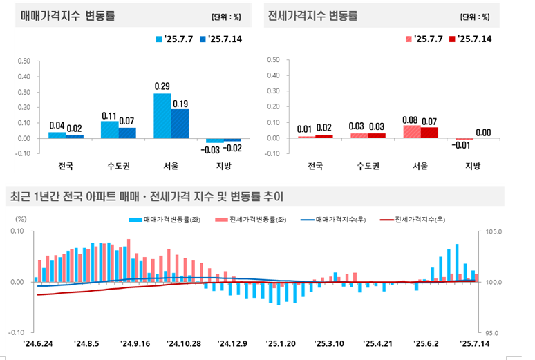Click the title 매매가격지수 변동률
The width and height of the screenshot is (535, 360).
click(x=62, y=15)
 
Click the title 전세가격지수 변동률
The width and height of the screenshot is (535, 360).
click(x=312, y=15)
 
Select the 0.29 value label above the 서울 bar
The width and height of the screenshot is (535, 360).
click(x=162, y=86)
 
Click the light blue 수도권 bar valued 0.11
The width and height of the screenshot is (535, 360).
click(x=109, y=129)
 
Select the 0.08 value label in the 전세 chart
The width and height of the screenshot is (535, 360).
click(x=411, y=119)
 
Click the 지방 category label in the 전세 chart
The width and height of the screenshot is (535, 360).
click(x=473, y=167)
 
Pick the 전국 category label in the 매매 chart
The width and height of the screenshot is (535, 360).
click(x=66, y=167)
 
